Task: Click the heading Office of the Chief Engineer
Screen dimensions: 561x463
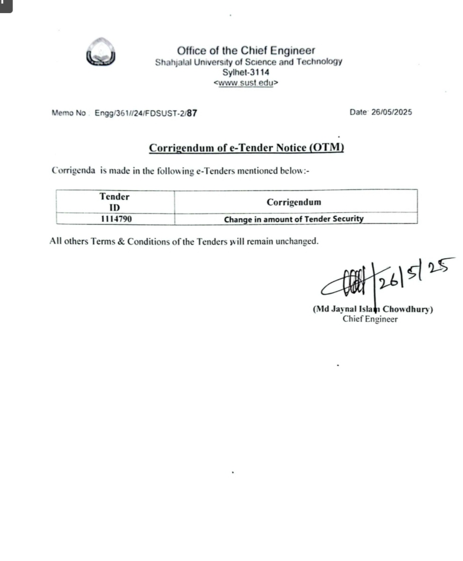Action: click(x=246, y=51)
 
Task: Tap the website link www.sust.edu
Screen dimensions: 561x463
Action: click(x=246, y=83)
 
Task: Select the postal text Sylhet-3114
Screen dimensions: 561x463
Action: click(x=246, y=72)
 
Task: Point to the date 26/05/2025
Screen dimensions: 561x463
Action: click(x=392, y=112)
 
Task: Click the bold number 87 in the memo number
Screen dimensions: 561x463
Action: click(x=192, y=113)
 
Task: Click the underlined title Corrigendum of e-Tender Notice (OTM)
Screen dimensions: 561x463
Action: click(x=246, y=148)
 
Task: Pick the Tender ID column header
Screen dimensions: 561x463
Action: click(x=114, y=201)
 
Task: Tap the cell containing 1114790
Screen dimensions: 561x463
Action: click(x=115, y=219)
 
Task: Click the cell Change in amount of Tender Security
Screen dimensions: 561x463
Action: click(x=293, y=219)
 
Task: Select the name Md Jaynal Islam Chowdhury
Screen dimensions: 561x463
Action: click(x=373, y=309)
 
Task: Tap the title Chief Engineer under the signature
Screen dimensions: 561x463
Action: click(x=370, y=319)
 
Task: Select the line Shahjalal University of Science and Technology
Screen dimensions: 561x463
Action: click(x=248, y=62)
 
